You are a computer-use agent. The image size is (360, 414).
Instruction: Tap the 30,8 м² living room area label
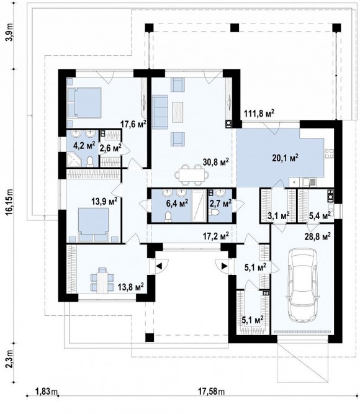[215, 162]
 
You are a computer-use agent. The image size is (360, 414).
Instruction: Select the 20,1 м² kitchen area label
[286, 158]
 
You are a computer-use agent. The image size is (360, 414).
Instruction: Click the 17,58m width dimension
[211, 391]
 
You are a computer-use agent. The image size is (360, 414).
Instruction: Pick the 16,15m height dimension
[10, 201]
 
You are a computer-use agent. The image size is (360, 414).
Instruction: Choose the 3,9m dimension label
[10, 32]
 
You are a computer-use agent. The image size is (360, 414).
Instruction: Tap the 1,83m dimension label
[46, 391]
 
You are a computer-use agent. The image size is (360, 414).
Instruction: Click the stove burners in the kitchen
[329, 153]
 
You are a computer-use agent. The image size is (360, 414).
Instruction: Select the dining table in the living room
[192, 174]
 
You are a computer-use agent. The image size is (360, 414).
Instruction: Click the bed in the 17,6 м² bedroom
[84, 102]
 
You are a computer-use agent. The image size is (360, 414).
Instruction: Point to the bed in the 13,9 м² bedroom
[94, 225]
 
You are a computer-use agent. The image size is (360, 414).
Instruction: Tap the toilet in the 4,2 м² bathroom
[90, 161]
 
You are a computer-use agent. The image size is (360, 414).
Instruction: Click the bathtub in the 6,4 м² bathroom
[199, 205]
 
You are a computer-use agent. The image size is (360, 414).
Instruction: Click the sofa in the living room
[160, 112]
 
